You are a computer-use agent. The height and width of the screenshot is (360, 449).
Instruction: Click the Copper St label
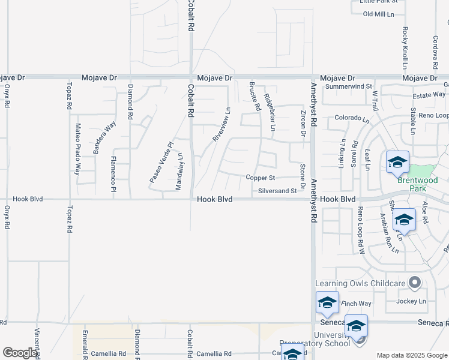260,178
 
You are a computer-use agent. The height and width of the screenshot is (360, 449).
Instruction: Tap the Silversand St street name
277,191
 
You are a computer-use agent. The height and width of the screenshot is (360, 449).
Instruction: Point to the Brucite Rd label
257,97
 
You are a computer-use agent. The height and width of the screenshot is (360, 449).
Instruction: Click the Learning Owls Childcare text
360,283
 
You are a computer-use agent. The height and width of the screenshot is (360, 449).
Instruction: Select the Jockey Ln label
411,301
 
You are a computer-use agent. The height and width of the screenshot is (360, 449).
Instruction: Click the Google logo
20,353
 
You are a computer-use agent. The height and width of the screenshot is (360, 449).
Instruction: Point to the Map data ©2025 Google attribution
412,355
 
